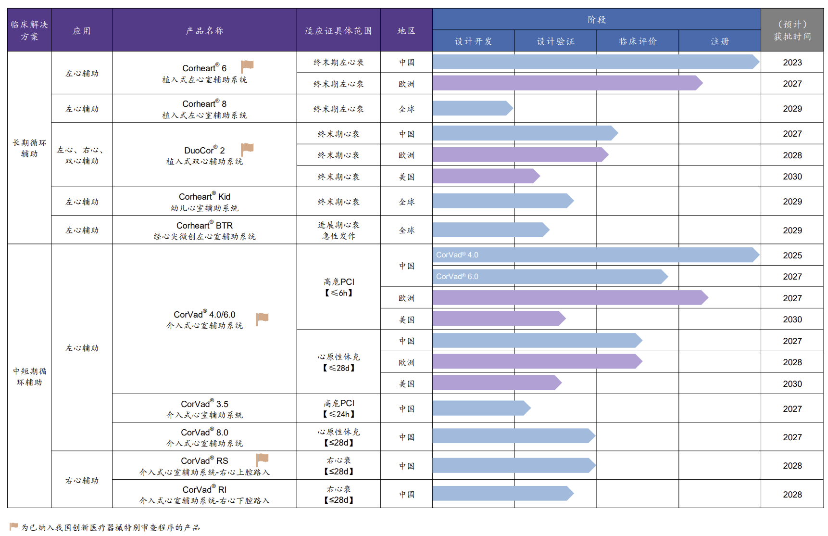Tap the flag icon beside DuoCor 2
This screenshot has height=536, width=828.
click(x=247, y=149)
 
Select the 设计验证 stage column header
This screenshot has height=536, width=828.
click(x=555, y=41)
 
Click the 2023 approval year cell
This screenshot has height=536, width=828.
click(x=792, y=63)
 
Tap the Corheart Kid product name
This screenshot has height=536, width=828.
click(x=204, y=197)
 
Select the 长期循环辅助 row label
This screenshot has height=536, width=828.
click(x=29, y=148)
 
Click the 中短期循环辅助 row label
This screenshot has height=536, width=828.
click(x=29, y=377)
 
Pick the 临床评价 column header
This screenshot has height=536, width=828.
click(x=638, y=41)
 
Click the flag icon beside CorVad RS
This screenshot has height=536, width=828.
click(x=262, y=459)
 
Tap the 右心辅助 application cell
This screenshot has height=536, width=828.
click(x=82, y=480)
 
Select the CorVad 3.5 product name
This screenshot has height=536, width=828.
click(x=204, y=404)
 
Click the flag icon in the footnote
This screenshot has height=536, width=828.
click(x=13, y=527)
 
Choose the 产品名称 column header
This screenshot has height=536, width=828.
click(x=204, y=31)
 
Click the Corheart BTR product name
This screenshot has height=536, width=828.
click(x=204, y=226)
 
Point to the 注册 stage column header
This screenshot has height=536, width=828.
click(x=720, y=41)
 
